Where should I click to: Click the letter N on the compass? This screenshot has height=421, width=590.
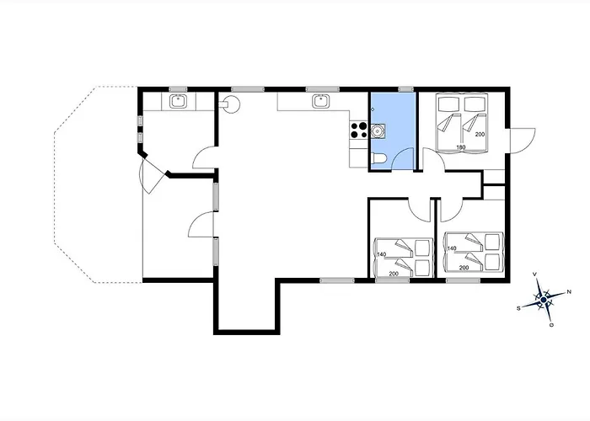coord(568,292)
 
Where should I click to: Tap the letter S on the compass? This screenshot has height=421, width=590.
coord(518,309)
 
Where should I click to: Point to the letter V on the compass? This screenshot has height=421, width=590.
coord(536,274)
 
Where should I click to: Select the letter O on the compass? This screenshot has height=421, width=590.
coord(551,324)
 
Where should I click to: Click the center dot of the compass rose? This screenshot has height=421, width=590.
coord(544,300)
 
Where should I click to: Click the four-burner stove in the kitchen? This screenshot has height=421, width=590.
coord(357,131)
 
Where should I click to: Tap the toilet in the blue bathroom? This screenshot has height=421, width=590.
coord(379,159)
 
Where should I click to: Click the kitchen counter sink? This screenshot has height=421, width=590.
coord(320,103)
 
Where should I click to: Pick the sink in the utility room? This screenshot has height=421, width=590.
coord(178,103)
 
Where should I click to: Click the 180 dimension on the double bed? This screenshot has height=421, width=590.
coord(461,147)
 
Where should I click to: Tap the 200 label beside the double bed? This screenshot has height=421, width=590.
coord(480,135)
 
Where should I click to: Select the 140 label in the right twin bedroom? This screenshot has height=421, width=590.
coord(452,248)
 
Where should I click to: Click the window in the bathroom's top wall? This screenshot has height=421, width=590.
coord(405,88)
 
